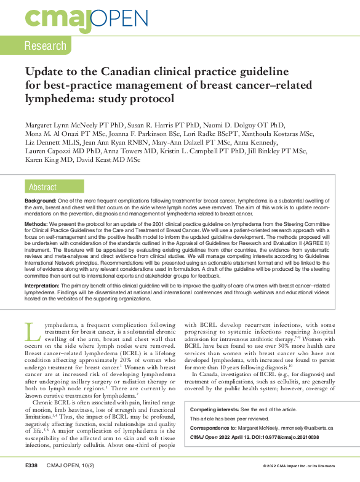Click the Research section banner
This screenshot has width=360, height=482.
click(45, 46)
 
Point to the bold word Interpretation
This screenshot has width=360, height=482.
click(46, 286)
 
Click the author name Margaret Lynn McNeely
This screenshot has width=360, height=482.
click(66, 123)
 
